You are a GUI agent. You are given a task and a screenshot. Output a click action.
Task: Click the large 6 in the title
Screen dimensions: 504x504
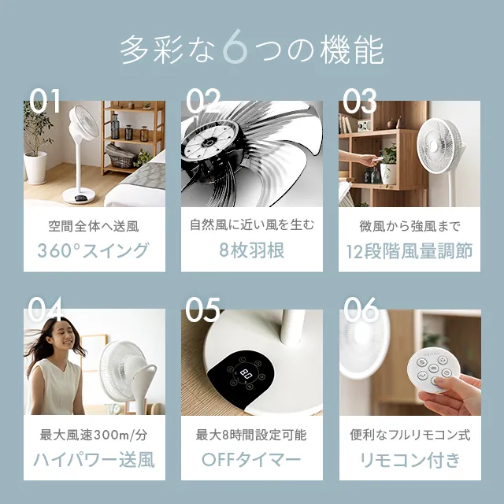click(x=235, y=46)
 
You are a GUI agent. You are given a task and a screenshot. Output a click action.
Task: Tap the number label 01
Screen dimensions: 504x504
click(x=45, y=101)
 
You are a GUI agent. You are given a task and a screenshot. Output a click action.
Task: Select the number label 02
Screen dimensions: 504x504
click(x=203, y=101)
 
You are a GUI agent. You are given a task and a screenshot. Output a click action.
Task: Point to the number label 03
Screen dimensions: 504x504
click(x=360, y=101)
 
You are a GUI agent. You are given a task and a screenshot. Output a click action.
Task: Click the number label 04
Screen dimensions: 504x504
click(x=45, y=309)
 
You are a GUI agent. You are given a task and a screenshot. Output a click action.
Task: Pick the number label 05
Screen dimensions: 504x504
click(x=203, y=309)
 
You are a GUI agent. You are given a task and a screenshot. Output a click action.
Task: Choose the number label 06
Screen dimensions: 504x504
click(x=361, y=309)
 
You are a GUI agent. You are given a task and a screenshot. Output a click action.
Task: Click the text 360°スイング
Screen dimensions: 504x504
click(x=93, y=250)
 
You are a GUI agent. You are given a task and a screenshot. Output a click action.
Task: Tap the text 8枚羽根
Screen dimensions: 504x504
click(x=252, y=250)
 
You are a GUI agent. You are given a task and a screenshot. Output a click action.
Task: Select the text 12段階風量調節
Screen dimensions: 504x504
click(x=409, y=251)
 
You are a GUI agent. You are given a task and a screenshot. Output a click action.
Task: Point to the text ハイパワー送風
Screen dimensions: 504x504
click(x=94, y=460)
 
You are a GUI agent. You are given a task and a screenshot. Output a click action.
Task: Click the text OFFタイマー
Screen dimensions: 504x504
click(x=251, y=460)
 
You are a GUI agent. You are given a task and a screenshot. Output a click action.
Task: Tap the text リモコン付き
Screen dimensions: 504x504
click(x=409, y=460)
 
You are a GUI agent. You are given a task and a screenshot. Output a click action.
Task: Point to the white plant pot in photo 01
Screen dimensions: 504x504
click(x=35, y=168)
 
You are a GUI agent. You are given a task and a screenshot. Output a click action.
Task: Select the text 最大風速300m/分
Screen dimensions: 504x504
click(x=94, y=435)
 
